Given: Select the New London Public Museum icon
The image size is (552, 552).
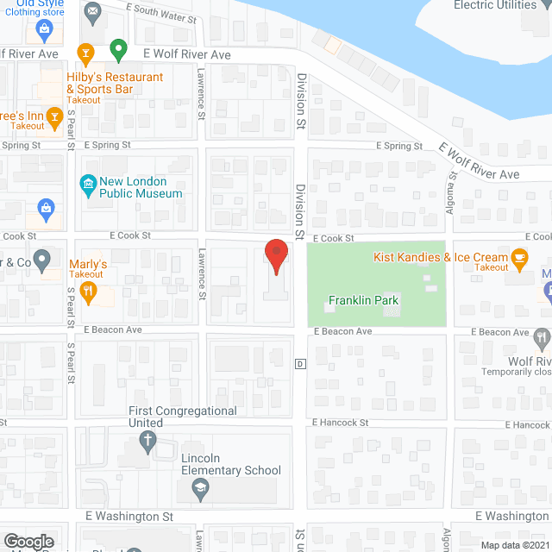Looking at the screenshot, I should click(x=87, y=184).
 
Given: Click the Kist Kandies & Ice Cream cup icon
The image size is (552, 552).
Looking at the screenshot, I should click(x=519, y=257).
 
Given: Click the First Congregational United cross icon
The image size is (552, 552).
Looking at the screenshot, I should click(x=147, y=443).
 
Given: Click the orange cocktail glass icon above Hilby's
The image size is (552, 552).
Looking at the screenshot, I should click(x=85, y=53).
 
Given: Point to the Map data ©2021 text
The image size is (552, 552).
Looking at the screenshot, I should click(x=514, y=544).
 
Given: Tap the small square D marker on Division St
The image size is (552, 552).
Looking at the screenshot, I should click(x=300, y=363).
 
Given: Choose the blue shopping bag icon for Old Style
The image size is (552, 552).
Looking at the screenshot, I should click(x=44, y=30).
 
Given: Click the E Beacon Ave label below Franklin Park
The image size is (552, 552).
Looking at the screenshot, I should click(x=342, y=332).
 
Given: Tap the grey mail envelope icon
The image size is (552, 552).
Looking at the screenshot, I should click(x=93, y=11).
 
